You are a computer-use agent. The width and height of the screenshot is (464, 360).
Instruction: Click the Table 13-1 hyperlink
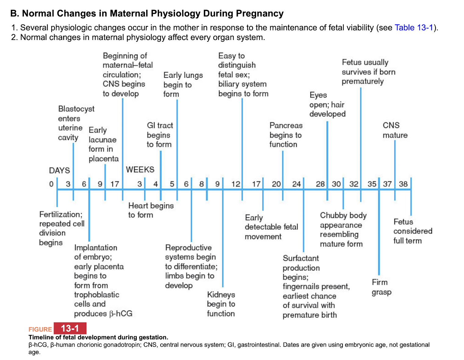[414, 28]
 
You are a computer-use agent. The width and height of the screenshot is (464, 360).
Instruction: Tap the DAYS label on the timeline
[60, 170]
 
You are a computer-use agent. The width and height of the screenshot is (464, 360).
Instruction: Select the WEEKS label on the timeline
[140, 170]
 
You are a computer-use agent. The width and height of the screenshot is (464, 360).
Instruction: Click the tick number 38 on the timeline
[403, 184]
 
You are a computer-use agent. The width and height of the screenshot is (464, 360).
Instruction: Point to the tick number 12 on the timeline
[236, 184]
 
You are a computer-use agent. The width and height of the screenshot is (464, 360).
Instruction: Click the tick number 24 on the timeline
[296, 184]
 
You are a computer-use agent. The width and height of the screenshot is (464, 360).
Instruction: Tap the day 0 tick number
[51, 184]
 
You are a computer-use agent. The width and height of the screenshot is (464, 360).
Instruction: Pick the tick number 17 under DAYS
[114, 184]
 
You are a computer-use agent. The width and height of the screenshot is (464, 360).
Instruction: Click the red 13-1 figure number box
[70, 328]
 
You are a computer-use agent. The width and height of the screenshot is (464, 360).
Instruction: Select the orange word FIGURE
[40, 329]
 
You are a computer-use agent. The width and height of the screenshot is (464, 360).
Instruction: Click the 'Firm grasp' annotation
[381, 287]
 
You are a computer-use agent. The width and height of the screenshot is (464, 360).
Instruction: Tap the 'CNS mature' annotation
[395, 130]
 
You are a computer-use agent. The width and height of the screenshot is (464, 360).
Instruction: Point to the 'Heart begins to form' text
[150, 210]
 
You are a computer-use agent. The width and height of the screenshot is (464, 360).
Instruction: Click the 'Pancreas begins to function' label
[286, 135]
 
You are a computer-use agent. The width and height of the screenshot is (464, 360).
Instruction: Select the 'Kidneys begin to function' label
[221, 304]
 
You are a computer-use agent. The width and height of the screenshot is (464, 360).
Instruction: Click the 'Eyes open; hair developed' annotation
[327, 105]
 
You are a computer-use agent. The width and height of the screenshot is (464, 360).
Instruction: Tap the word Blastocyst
[76, 109]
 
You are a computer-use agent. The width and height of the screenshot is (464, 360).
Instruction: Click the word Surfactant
[301, 258]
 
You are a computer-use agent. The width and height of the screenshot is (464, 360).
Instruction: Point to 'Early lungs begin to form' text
[183, 85]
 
